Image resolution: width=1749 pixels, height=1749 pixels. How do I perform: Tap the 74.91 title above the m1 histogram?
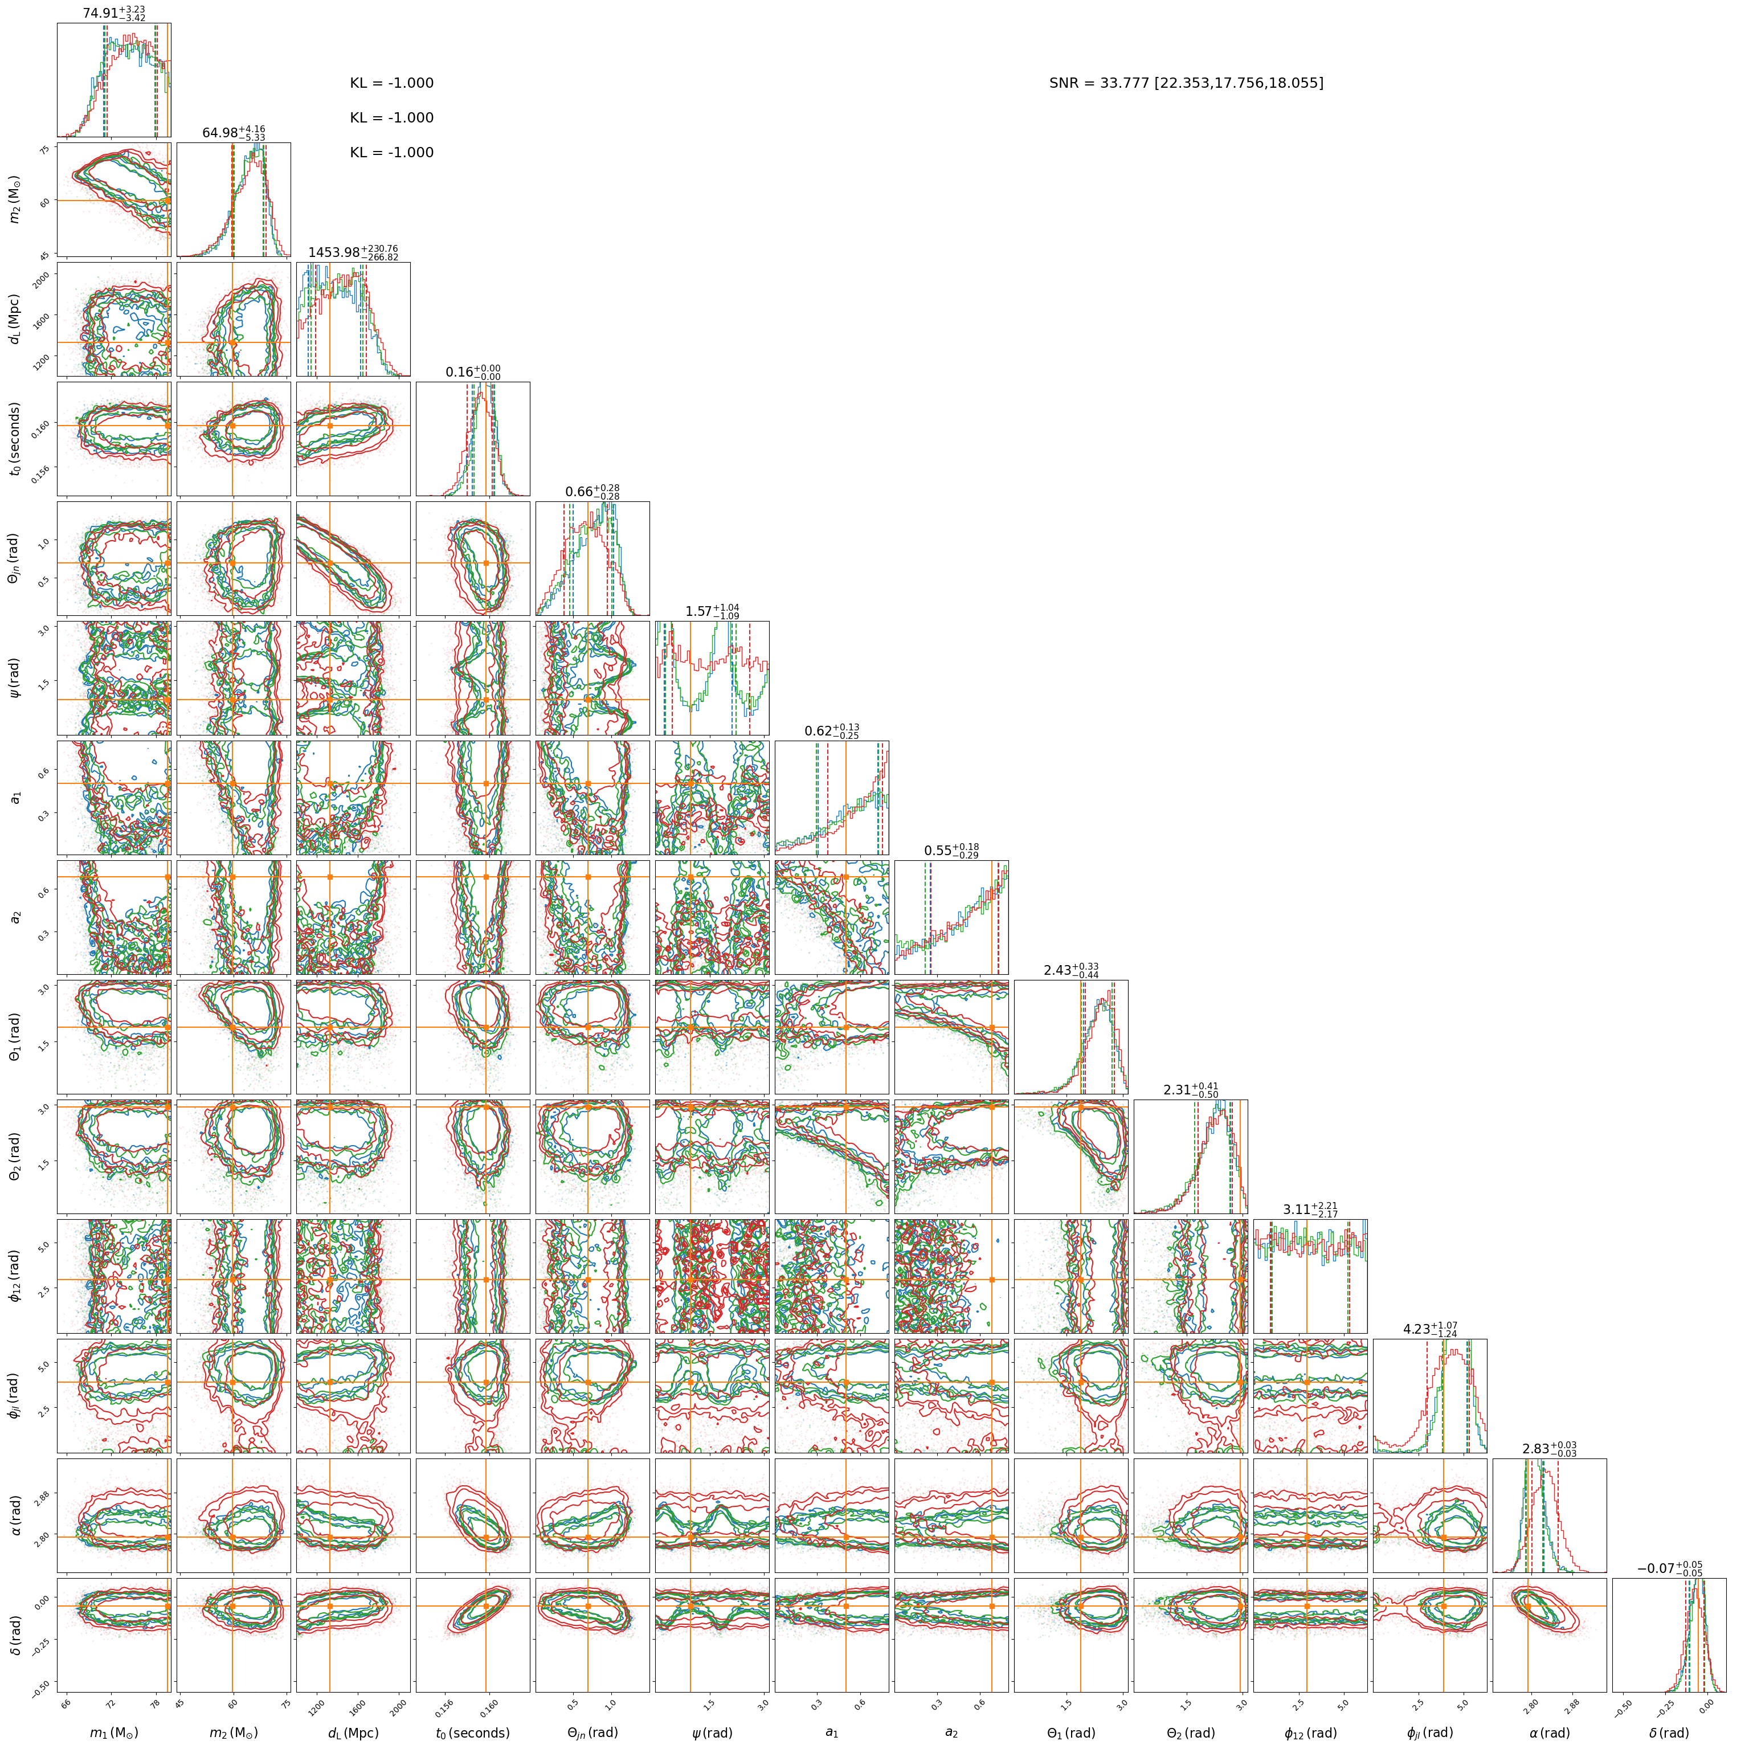tap(100, 14)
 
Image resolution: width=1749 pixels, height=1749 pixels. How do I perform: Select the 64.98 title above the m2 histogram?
tap(219, 133)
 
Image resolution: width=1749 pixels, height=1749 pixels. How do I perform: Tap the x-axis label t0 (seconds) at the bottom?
tap(472, 1732)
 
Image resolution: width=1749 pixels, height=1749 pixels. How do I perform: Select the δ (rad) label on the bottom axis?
tap(1669, 1732)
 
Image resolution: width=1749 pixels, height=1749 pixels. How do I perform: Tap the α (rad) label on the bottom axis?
tap(1550, 1732)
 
